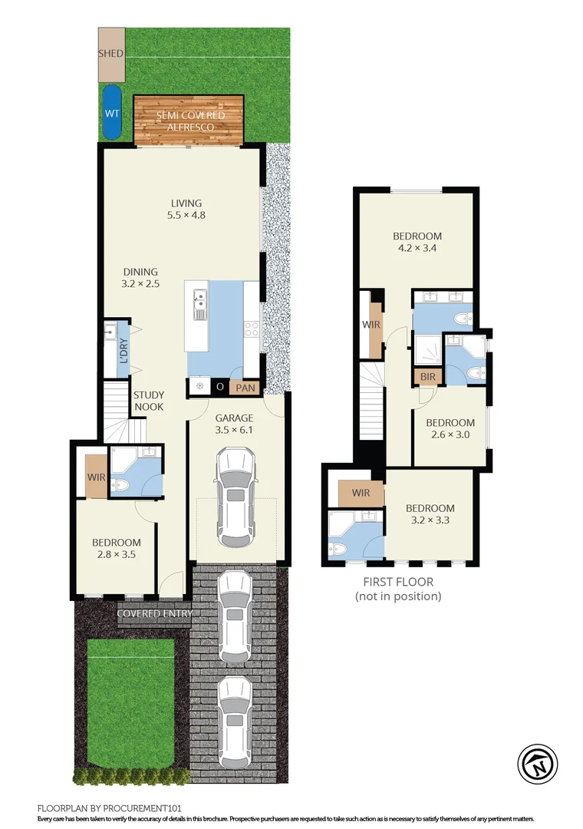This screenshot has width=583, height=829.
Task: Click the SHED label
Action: click(111, 54)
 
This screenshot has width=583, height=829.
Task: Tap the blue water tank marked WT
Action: click(112, 112)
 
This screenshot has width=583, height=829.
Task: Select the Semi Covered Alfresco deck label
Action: click(190, 121)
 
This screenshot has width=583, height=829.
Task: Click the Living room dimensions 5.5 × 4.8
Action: click(186, 216)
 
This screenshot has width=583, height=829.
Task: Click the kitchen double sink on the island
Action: click(200, 304)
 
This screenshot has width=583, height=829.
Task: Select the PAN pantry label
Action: click(245, 388)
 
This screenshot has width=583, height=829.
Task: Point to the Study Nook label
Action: click(149, 401)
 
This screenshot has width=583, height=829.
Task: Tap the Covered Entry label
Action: click(154, 613)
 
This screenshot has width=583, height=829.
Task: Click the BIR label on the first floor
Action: click(423, 377)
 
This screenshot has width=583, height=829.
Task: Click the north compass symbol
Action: click(536, 764)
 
